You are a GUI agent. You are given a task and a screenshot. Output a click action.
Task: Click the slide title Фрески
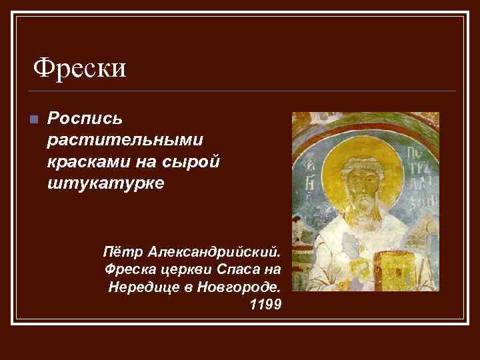80,68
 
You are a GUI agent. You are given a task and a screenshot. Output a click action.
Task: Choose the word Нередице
140,287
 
